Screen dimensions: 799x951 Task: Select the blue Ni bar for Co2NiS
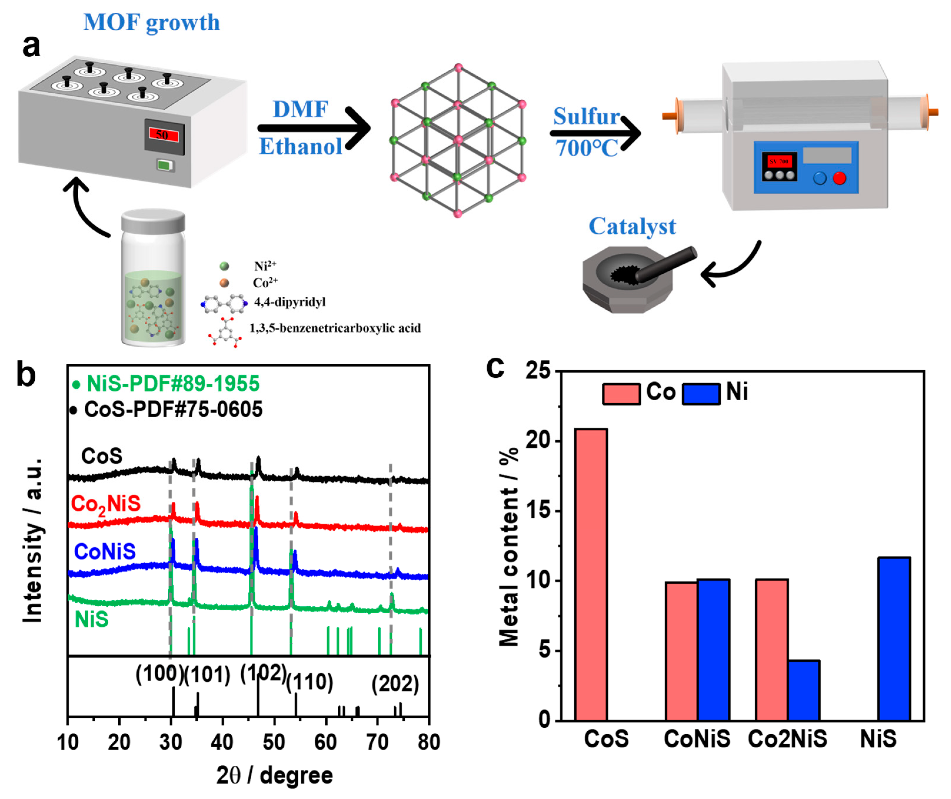[x=804, y=690]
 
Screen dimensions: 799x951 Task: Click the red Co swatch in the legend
[x=621, y=393]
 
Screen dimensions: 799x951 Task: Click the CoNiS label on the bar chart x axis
[x=697, y=739]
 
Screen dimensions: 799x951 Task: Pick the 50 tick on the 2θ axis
[x=274, y=742]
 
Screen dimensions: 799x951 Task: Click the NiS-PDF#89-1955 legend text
[x=173, y=384]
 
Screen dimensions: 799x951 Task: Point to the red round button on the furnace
[x=839, y=178]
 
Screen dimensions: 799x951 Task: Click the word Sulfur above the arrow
[x=587, y=117]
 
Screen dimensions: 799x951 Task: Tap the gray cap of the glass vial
[x=153, y=221]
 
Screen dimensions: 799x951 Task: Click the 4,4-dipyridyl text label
[x=290, y=302]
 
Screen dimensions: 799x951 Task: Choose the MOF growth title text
[x=152, y=22]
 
